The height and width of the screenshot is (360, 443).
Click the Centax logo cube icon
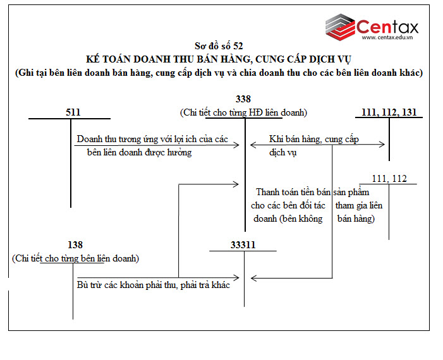(x=340, y=27)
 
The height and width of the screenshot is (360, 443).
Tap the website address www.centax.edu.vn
(x=387, y=37)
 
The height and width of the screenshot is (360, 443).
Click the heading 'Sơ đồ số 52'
(x=219, y=45)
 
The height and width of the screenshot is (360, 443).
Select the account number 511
(x=73, y=112)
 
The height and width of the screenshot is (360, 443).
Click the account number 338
(x=243, y=99)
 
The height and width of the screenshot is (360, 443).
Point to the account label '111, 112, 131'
(x=389, y=112)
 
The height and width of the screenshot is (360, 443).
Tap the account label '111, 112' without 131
(x=389, y=179)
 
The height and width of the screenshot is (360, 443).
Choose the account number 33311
(x=243, y=244)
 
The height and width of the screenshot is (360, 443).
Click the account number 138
(x=75, y=244)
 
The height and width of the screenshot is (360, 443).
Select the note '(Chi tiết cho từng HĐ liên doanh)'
(x=243, y=112)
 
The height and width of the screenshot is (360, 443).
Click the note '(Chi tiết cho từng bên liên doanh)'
(x=75, y=258)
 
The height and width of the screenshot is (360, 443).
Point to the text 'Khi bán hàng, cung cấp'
(x=314, y=139)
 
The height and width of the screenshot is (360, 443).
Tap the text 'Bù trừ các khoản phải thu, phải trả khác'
(x=154, y=285)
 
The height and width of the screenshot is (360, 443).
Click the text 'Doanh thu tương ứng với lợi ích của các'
(x=152, y=139)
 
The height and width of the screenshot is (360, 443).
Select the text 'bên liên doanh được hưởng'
(x=139, y=152)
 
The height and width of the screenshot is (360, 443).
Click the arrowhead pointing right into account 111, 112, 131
(x=382, y=145)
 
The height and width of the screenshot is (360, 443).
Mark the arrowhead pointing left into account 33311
(x=253, y=278)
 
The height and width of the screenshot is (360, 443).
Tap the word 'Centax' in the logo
(x=387, y=27)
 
